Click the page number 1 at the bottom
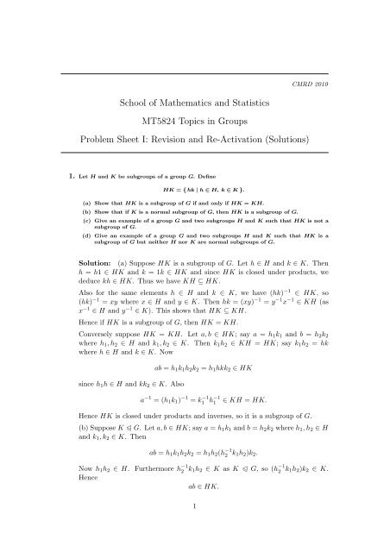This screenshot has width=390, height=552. click(195, 542)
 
